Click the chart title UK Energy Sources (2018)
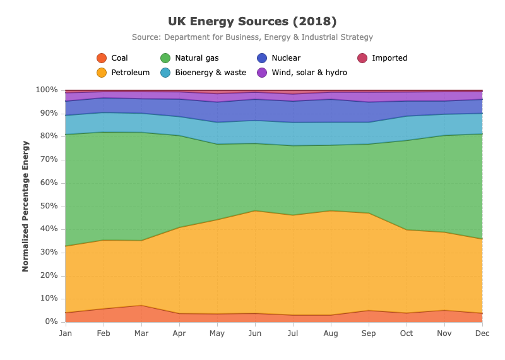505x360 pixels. click(252, 21)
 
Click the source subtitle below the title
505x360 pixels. click(252, 37)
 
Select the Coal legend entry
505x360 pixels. click(112, 58)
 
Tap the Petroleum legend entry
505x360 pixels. click(123, 73)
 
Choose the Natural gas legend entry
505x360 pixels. click(189, 58)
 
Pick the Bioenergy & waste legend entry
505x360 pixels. click(203, 73)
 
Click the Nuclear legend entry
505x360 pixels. click(278, 58)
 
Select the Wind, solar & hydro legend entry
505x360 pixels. click(302, 73)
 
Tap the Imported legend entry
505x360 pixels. click(383, 58)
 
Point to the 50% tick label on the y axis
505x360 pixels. click(49, 206)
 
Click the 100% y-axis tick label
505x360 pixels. click(47, 90)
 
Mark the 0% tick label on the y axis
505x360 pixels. click(52, 321)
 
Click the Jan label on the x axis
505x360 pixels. click(66, 333)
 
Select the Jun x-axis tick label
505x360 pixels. click(255, 333)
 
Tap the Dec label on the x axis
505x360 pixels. click(482, 333)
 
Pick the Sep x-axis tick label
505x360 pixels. click(369, 333)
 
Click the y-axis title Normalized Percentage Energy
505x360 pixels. click(25, 207)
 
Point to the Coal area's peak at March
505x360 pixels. click(141, 305)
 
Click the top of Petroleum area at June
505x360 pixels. click(255, 211)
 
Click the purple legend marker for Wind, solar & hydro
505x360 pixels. click(262, 73)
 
